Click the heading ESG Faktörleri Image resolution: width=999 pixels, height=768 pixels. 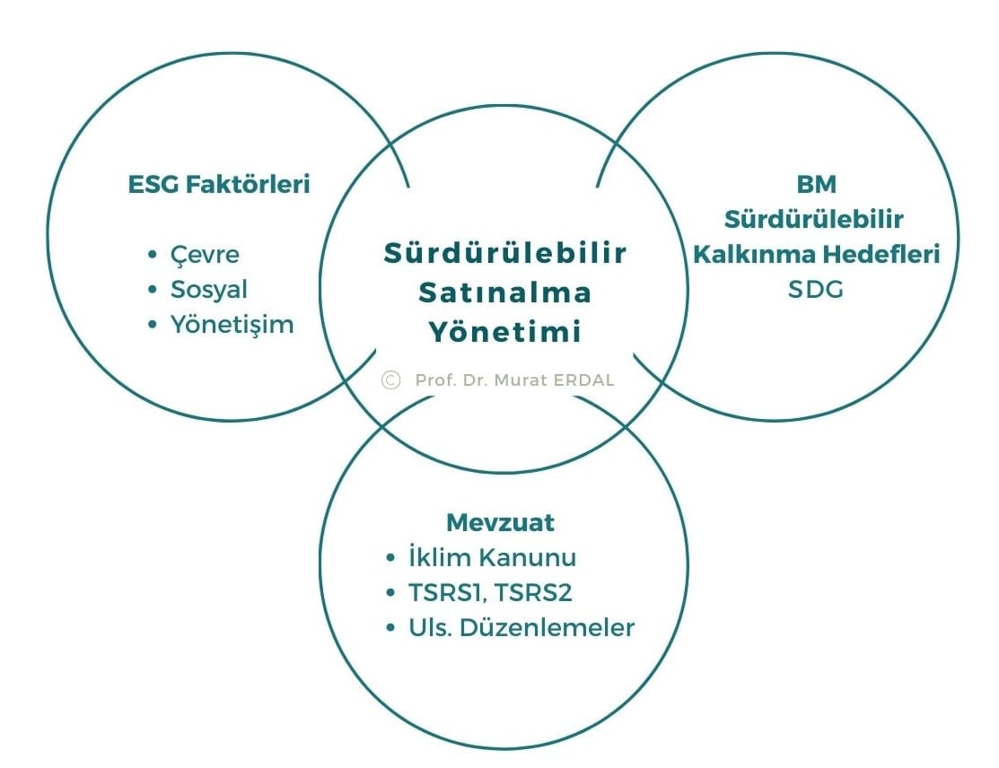point(219,184)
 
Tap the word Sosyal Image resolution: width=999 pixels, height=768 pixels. point(208,290)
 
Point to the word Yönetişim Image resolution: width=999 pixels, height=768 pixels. point(232,325)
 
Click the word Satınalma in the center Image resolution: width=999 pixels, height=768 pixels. point(505,292)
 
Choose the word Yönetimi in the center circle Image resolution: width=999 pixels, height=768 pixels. point(505,331)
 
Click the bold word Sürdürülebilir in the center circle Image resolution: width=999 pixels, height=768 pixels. point(505,253)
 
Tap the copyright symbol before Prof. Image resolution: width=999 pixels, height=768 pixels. point(390,380)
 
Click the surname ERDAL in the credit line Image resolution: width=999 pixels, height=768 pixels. point(583,380)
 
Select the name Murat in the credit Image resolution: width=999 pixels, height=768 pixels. point(521,380)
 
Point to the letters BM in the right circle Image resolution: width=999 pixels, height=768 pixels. point(816,184)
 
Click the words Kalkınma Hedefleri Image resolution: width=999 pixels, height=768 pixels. point(816,254)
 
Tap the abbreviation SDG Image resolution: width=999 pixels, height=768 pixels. point(816,289)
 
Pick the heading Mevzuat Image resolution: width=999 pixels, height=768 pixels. point(500,522)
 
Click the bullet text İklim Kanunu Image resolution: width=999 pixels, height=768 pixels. point(492,557)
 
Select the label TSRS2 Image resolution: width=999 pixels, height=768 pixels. point(532,592)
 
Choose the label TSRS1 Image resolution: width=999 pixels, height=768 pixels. point(448,593)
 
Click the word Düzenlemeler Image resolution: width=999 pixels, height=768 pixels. point(547,627)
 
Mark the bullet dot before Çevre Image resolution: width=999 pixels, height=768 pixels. point(152,255)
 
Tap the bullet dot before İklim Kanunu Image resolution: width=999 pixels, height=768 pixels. point(390,558)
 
